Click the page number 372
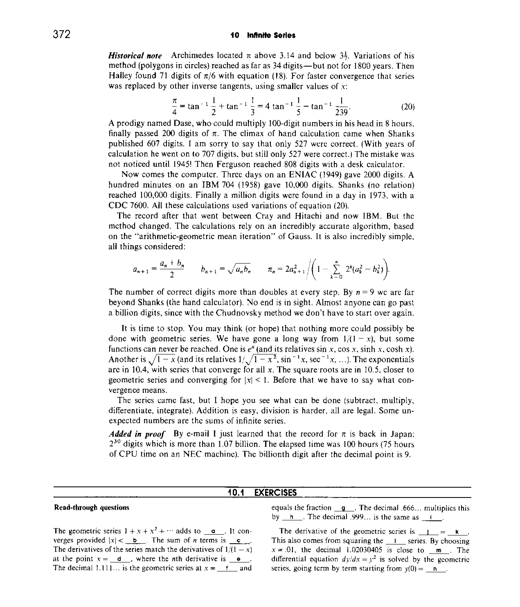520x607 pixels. coord(62,34)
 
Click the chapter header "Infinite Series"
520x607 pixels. coord(271,35)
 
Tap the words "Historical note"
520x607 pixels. coord(135,55)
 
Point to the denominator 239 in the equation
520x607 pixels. coord(341,112)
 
